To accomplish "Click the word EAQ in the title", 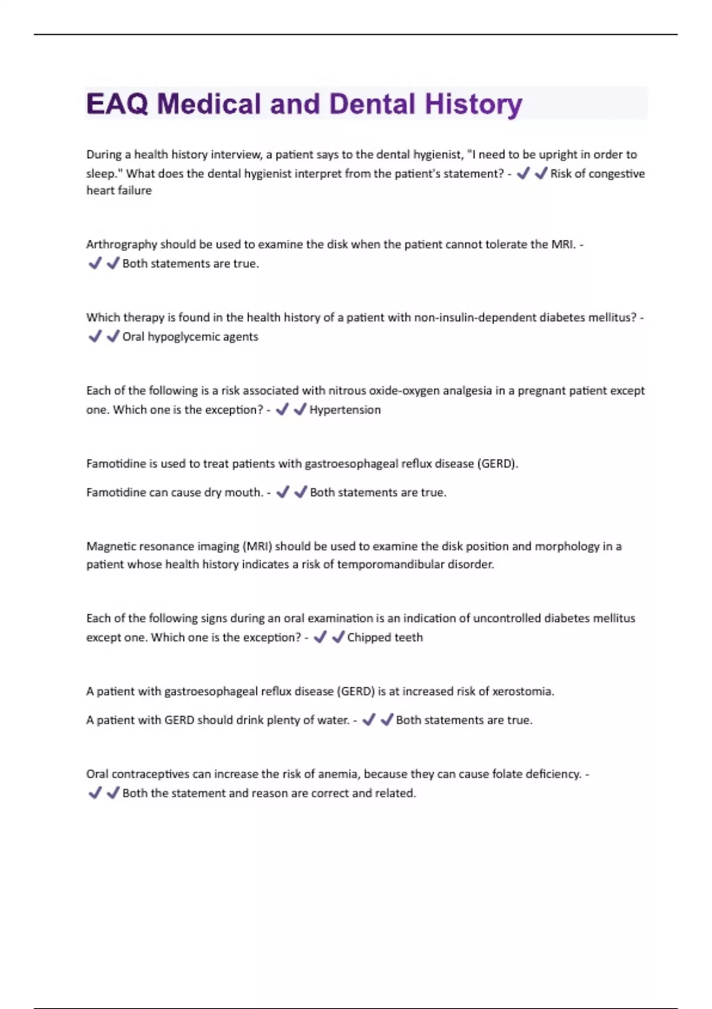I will coord(116,104).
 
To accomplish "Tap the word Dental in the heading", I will coord(372,104).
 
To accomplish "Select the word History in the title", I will coord(473,104).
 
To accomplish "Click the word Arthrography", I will coord(122,245).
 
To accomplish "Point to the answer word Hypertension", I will coord(345,410).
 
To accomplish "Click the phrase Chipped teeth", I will coord(385,637).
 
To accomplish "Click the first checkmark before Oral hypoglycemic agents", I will coord(95,337).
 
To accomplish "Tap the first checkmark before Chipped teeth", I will coord(320,637).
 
